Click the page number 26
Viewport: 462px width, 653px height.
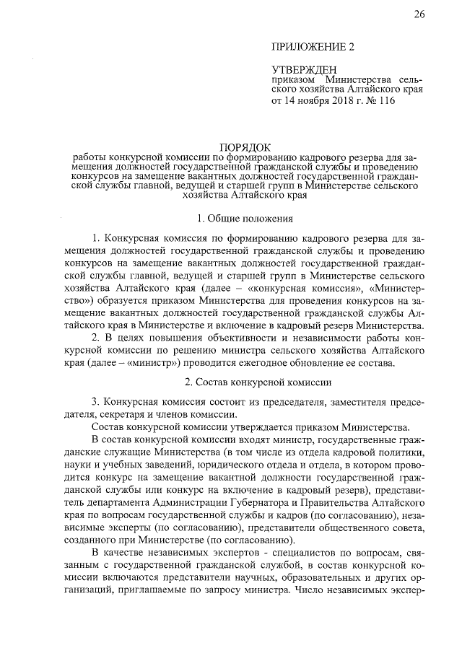(419, 15)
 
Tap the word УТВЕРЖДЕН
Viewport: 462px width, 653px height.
(299, 69)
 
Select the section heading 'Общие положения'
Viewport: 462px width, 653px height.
(245, 217)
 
